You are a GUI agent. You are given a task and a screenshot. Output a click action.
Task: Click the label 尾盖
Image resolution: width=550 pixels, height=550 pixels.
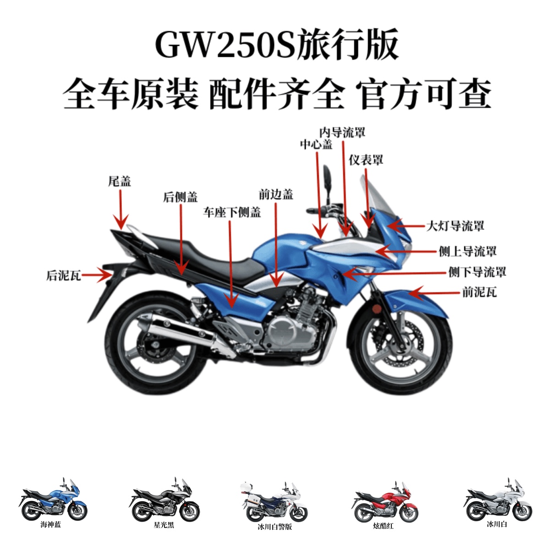(x=120, y=181)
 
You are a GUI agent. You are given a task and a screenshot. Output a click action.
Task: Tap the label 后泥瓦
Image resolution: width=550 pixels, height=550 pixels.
(x=63, y=275)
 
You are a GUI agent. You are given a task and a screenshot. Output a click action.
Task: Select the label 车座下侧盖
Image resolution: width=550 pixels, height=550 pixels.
(x=232, y=212)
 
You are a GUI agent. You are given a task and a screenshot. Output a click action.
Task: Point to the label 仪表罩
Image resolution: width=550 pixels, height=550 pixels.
(x=366, y=160)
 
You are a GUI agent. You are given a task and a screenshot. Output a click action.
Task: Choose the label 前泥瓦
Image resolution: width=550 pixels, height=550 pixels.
(x=479, y=292)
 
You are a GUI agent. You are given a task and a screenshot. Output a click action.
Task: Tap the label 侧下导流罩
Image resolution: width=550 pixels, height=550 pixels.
(x=477, y=272)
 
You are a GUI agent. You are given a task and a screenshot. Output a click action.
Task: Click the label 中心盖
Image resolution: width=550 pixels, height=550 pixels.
(x=316, y=144)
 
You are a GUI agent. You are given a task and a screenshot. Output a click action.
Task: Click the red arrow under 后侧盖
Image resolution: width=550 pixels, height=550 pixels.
(x=181, y=238)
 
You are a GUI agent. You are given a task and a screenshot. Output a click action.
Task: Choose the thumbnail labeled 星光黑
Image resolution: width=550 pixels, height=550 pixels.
(x=164, y=504)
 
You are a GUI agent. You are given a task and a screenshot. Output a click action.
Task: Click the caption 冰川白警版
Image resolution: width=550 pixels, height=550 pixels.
(x=275, y=527)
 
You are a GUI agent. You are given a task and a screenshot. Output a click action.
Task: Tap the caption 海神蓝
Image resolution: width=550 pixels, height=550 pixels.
(x=51, y=525)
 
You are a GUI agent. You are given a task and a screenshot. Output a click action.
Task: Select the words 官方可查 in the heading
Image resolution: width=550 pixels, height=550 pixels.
(x=426, y=94)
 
